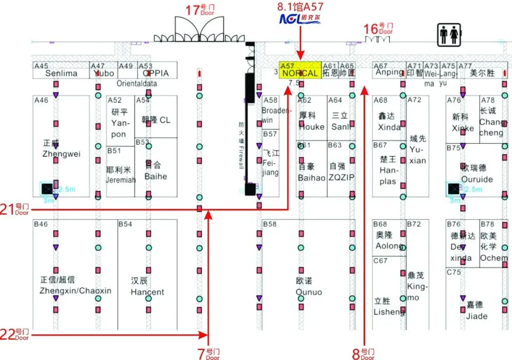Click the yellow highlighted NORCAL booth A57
point(299,70)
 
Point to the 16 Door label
point(378,29)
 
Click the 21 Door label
point(15,209)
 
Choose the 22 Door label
point(15,334)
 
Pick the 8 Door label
point(363,353)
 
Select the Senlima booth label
point(61,73)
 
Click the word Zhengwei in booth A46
point(61,154)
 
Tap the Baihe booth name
point(155,176)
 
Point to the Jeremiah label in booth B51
point(120,180)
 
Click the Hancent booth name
point(147,292)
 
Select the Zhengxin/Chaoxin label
point(75,291)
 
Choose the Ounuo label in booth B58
point(309,292)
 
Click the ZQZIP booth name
point(341,178)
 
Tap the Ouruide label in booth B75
point(477,180)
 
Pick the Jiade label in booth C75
point(476,316)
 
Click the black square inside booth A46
point(47,189)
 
